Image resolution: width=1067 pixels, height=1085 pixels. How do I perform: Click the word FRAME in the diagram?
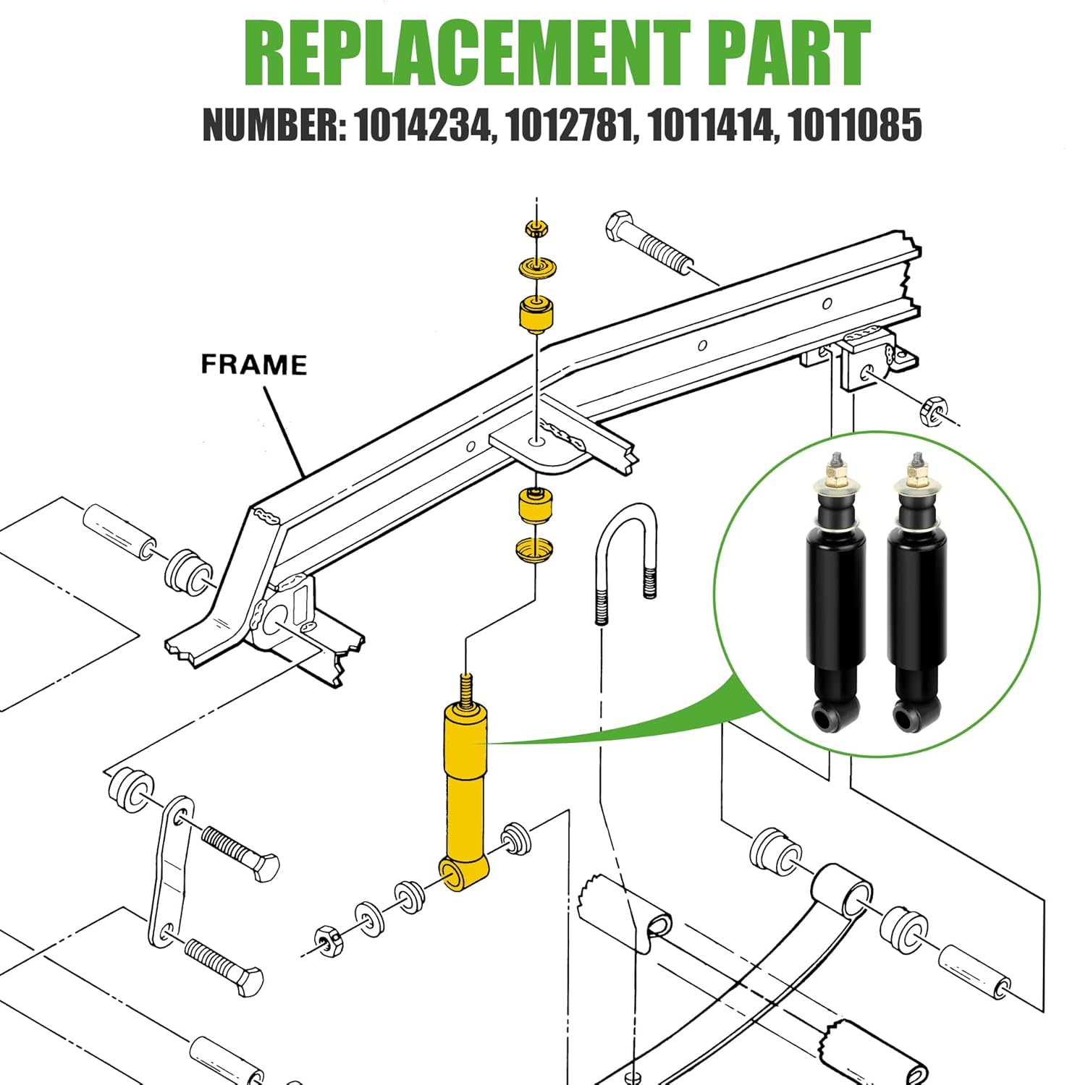point(253,364)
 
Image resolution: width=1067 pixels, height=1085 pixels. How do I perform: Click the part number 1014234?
point(422,124)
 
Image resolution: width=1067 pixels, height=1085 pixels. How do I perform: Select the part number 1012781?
point(571,124)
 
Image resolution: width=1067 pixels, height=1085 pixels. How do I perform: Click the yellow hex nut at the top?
point(536,230)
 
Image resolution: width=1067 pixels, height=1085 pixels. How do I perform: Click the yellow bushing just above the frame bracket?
point(536,314)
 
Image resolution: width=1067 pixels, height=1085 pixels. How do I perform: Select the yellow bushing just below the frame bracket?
point(536,506)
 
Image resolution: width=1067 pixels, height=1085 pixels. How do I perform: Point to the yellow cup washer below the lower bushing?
point(535,549)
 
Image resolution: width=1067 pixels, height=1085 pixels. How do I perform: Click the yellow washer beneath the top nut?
point(536,268)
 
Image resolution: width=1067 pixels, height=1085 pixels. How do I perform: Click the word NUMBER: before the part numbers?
point(273,124)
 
